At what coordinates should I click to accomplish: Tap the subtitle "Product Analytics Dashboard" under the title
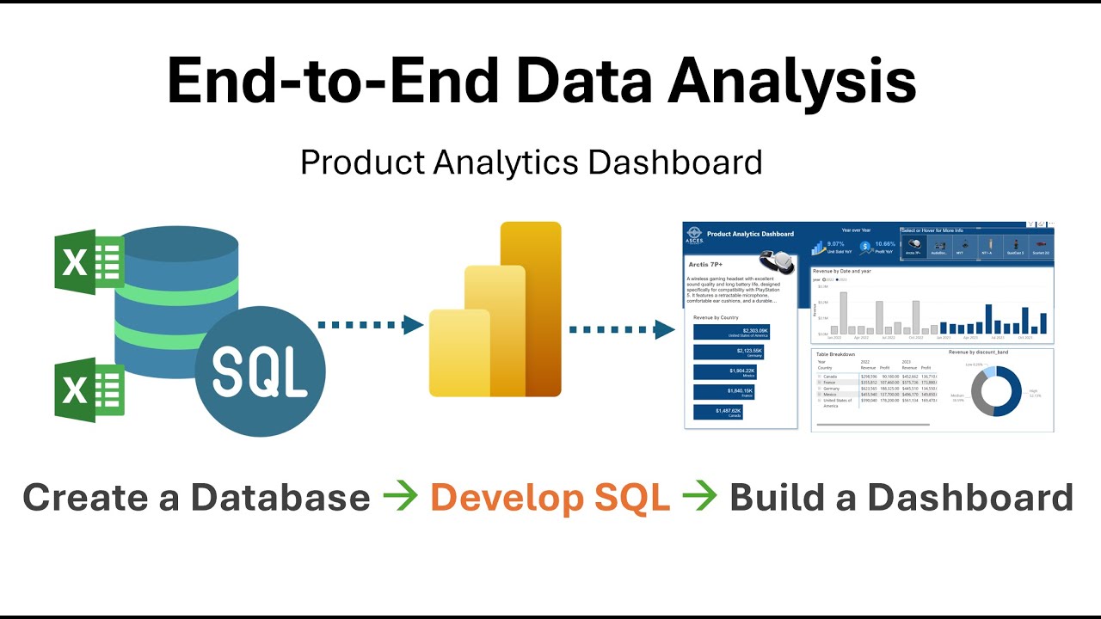tap(531, 162)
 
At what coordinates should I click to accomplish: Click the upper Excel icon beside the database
tap(89, 262)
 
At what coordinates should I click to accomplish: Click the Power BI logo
tap(495, 309)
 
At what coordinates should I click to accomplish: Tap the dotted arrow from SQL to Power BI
tap(370, 325)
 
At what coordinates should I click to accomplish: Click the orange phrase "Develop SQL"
tap(550, 498)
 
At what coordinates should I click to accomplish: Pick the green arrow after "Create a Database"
tap(400, 498)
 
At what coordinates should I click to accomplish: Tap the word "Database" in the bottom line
tap(280, 498)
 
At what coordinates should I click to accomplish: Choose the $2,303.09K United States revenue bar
tap(731, 332)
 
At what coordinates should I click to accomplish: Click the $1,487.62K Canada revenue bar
tap(717, 412)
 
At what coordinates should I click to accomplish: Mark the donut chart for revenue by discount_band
tap(996, 391)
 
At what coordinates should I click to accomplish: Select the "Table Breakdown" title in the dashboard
tap(835, 354)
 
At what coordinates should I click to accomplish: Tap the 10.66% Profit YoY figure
tap(884, 244)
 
